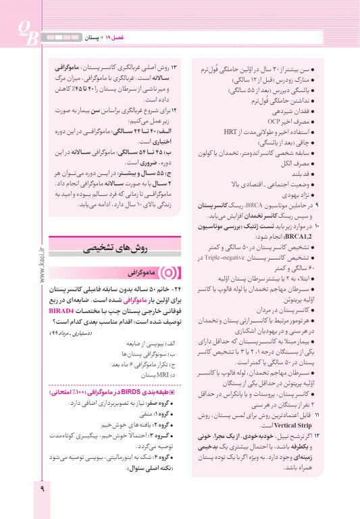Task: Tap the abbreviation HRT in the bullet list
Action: coord(230,132)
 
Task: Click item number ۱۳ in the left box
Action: coord(174,68)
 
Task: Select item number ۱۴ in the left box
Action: coord(174,109)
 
